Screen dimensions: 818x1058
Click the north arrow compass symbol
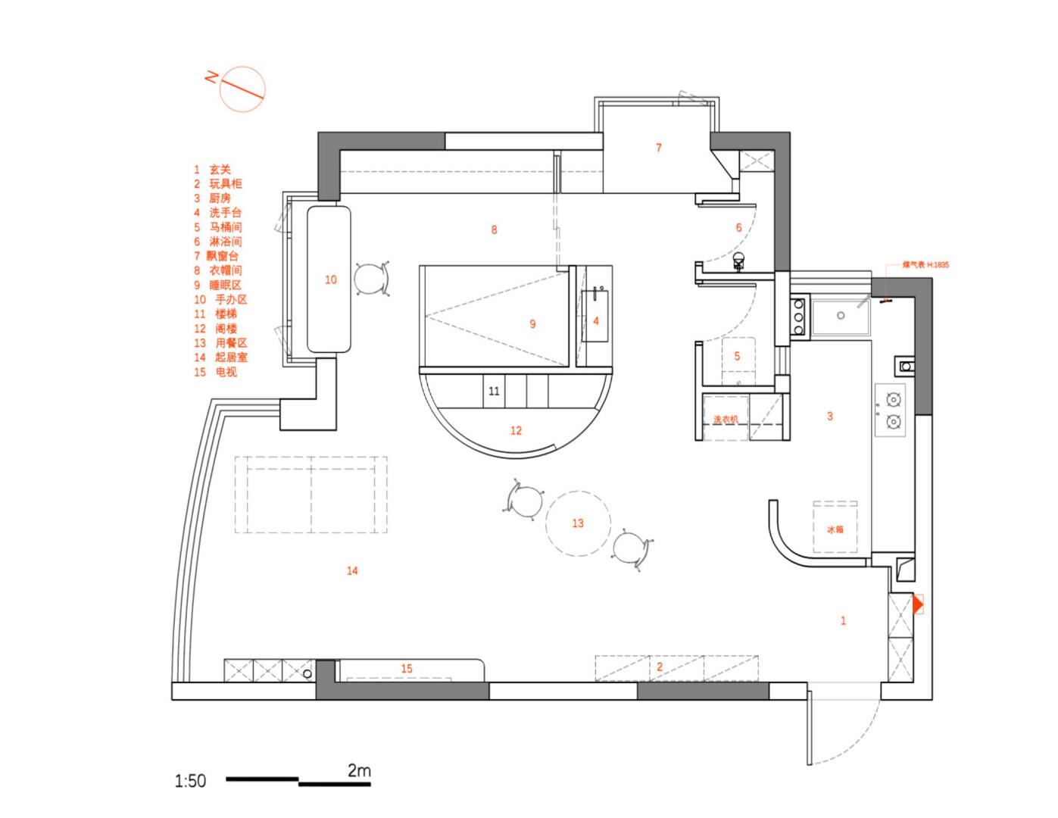coord(242,89)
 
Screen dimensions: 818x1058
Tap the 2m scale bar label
coord(359,771)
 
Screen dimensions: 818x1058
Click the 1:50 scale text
coord(190,781)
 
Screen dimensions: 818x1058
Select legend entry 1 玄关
coord(213,170)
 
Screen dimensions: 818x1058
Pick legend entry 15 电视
coord(216,372)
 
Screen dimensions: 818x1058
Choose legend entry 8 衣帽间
coord(218,270)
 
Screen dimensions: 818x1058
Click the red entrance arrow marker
coord(918,604)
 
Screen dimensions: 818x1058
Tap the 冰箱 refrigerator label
coord(835,529)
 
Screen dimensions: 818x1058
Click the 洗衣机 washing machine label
coord(725,419)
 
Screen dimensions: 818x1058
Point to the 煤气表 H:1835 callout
coord(925,265)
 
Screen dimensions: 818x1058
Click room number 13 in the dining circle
coord(578,523)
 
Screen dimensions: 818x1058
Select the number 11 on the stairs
coord(494,392)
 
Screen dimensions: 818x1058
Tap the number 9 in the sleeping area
coord(532,324)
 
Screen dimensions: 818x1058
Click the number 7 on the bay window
coord(658,148)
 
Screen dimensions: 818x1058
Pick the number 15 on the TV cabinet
coord(407,668)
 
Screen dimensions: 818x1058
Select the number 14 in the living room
coord(352,571)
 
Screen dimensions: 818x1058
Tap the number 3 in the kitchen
coord(830,416)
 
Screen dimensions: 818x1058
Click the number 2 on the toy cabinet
coord(660,667)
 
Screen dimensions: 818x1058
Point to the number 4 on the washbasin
coord(596,321)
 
